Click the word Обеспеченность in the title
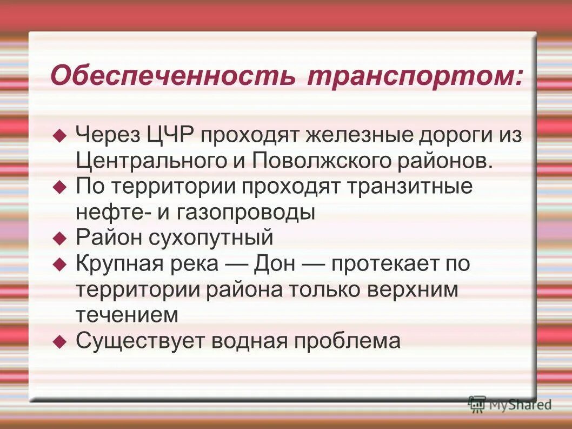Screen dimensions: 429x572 tap(172, 76)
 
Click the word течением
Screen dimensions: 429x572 tap(127, 315)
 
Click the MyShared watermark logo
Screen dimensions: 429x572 tap(510, 403)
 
